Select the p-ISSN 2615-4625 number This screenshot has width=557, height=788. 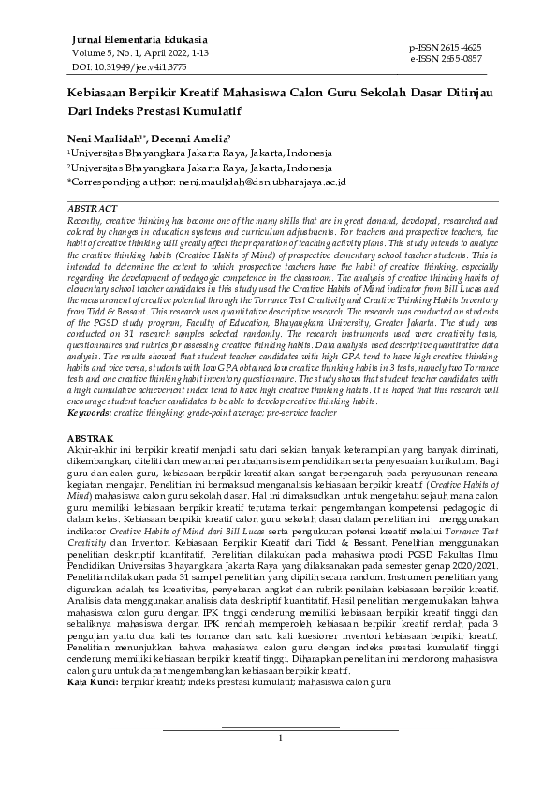coord(447,46)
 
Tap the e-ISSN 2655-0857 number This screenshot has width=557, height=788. coord(447,57)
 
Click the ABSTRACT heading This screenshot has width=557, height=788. coord(94,207)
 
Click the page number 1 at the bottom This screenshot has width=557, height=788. coord(280,738)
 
